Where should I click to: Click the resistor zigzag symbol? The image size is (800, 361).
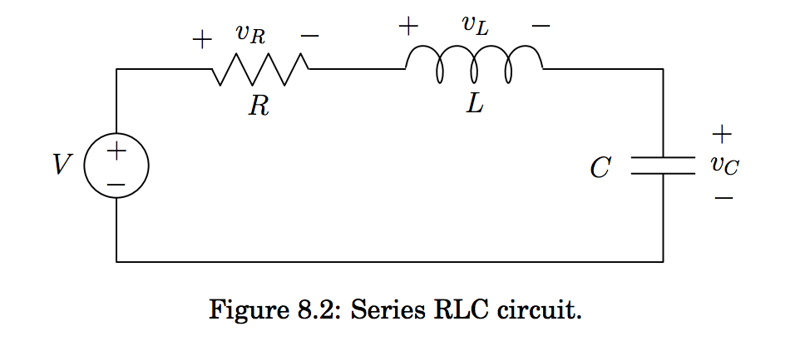point(261,69)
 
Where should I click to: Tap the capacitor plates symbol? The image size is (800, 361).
point(662,166)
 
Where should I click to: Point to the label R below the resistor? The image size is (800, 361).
point(259,106)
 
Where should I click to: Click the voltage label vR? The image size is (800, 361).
point(249,35)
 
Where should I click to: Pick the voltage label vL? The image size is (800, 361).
point(475,25)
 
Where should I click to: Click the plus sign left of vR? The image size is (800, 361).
point(201,39)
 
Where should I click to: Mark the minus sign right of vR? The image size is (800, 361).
point(309,37)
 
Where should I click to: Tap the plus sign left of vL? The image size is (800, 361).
point(407,26)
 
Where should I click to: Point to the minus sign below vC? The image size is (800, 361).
point(723,198)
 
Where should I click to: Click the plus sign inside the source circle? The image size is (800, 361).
point(116,151)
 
